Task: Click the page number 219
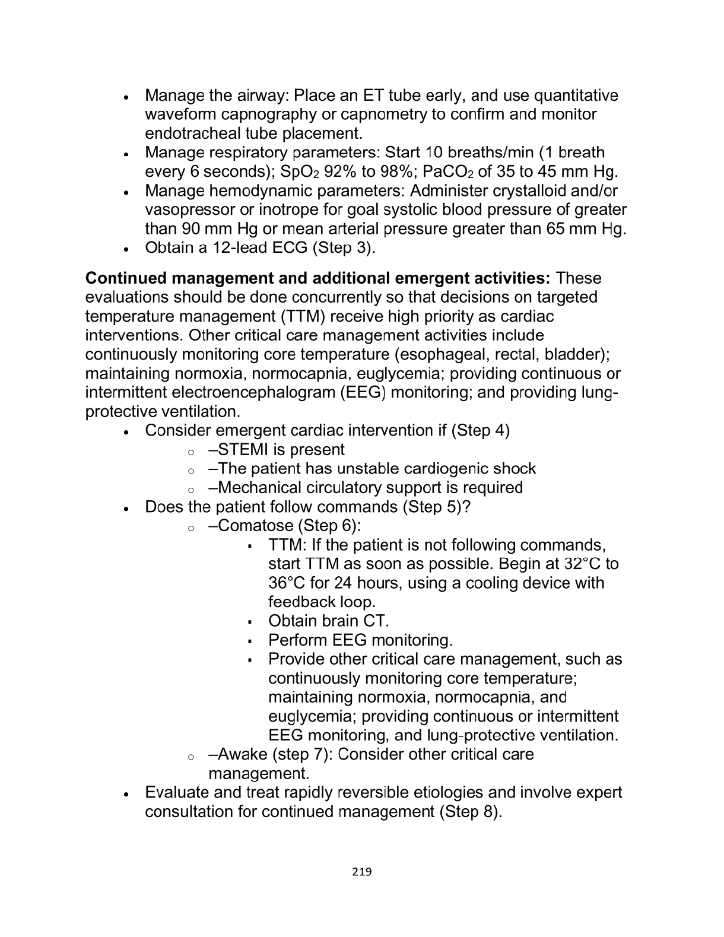coord(361,872)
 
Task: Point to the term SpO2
coord(321,172)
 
